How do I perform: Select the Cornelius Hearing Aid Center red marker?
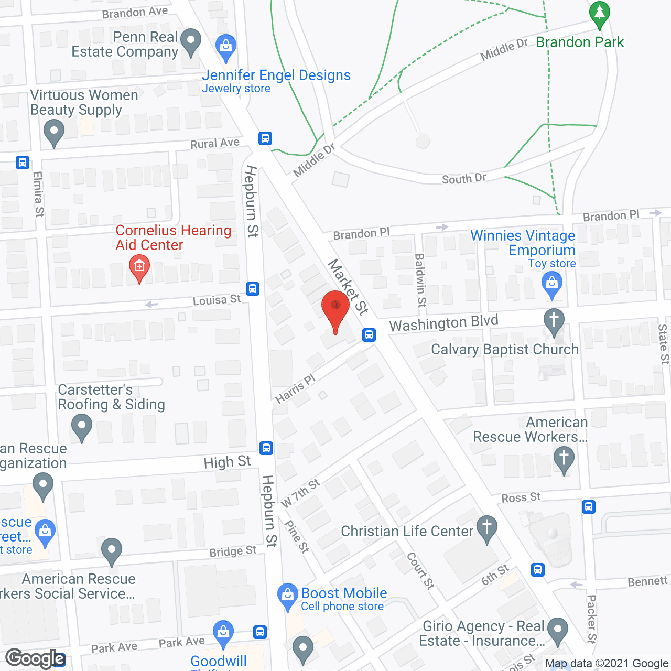(x=139, y=267)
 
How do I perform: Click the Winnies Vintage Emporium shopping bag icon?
(x=551, y=285)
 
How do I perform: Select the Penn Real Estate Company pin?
(x=190, y=41)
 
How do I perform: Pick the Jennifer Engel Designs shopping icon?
(x=226, y=47)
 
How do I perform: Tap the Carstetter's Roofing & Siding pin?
(x=81, y=426)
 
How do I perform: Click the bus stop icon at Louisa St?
(x=253, y=288)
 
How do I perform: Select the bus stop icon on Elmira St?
(x=23, y=162)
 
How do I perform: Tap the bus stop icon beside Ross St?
(x=589, y=507)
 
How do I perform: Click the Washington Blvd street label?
(x=443, y=323)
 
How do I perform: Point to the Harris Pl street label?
(x=295, y=388)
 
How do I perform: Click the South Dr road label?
(x=464, y=179)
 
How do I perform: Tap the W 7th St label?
(x=300, y=493)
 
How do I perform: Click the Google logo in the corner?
(x=36, y=658)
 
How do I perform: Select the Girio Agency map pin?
(x=557, y=630)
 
